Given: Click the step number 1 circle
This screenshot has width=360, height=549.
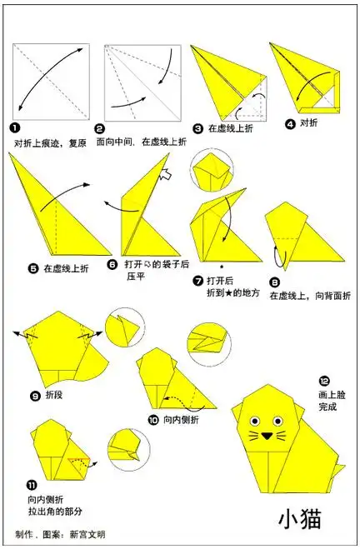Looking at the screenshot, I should (16, 127).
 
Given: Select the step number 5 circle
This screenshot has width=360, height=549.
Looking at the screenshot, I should (33, 268).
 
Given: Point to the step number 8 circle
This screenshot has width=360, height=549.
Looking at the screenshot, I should (274, 282).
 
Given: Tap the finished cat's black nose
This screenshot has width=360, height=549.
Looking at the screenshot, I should (267, 434).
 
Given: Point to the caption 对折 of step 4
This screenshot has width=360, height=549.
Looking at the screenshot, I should (309, 123).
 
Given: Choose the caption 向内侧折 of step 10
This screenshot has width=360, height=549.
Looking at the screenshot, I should (182, 420).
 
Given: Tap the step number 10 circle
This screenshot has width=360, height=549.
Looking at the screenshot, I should (153, 420).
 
